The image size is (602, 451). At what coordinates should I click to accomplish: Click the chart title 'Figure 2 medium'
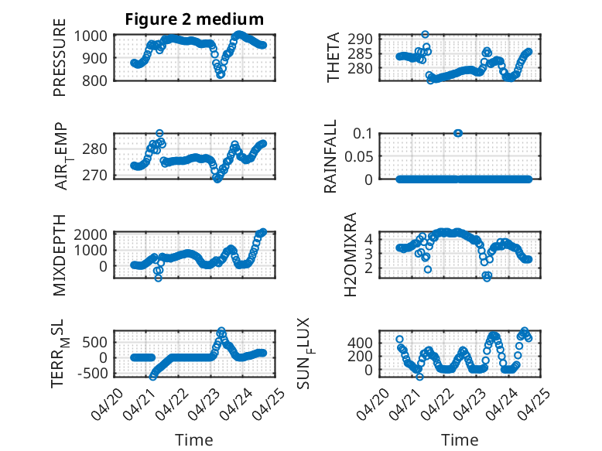pyautogui.click(x=194, y=19)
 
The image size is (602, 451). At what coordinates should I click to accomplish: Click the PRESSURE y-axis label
pyautogui.click(x=60, y=57)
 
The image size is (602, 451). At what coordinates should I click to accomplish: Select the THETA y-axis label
pyautogui.click(x=333, y=57)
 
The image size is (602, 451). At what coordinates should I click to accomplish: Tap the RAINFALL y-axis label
pyautogui.click(x=330, y=156)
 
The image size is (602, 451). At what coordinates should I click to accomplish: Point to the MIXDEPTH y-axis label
pyautogui.click(x=60, y=255)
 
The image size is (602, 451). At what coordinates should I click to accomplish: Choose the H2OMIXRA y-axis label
pyautogui.click(x=351, y=255)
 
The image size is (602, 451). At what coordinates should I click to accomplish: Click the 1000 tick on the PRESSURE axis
pyautogui.click(x=91, y=36)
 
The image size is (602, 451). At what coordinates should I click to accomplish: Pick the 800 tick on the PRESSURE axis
pyautogui.click(x=94, y=80)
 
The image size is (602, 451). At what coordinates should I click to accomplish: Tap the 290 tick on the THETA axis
pyautogui.click(x=360, y=39)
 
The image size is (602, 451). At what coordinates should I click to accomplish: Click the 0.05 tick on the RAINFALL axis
pyautogui.click(x=358, y=156)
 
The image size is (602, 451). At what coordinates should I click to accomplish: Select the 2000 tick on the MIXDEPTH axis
pyautogui.click(x=91, y=234)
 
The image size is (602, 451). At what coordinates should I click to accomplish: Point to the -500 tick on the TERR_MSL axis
pyautogui.click(x=92, y=373)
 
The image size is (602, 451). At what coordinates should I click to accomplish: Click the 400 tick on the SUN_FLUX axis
pyautogui.click(x=360, y=343)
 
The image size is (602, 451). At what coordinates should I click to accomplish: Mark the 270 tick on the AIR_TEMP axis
pyautogui.click(x=94, y=176)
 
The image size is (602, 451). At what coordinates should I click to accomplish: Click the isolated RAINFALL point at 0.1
pyautogui.click(x=457, y=133)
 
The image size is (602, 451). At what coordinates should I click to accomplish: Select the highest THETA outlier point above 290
pyautogui.click(x=425, y=35)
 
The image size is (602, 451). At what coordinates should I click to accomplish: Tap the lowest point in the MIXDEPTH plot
pyautogui.click(x=158, y=278)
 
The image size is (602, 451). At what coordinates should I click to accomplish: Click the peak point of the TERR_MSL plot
pyautogui.click(x=221, y=330)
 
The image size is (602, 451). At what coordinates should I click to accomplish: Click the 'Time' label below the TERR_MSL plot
pyautogui.click(x=194, y=440)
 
